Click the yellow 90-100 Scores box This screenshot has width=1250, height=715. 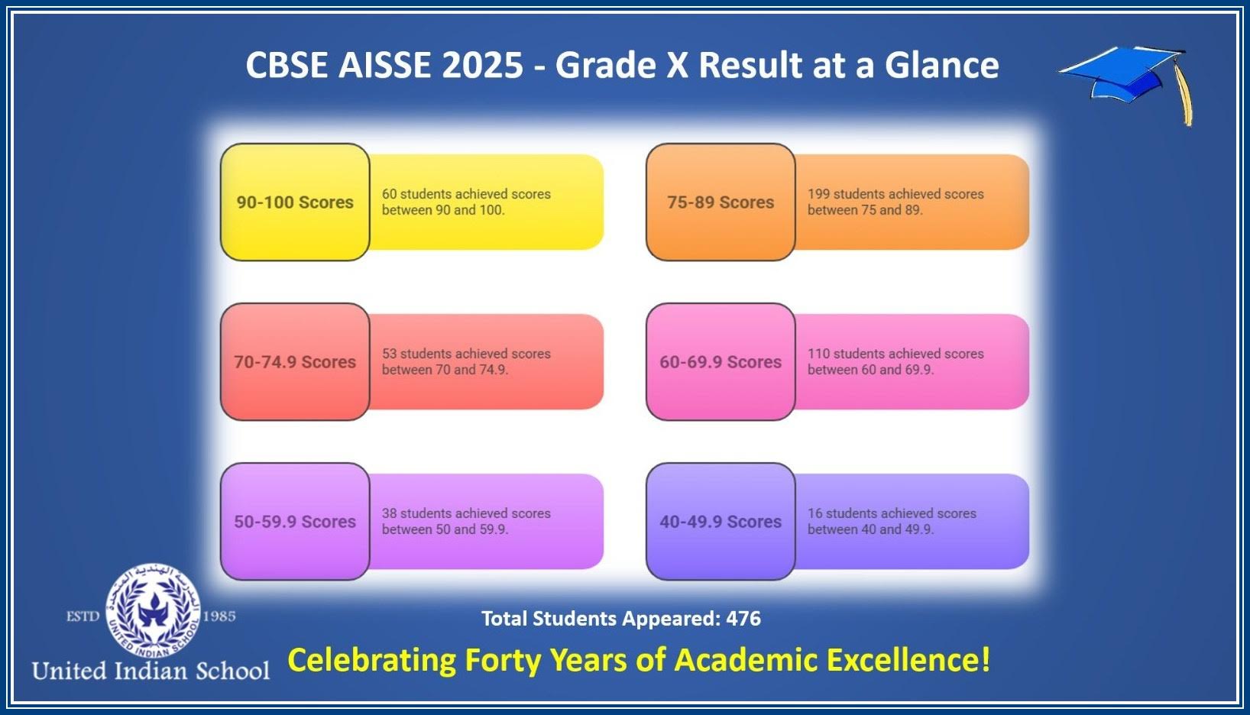tap(295, 202)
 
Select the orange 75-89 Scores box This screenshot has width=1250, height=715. tap(721, 202)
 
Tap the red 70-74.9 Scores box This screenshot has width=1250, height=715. tap(295, 361)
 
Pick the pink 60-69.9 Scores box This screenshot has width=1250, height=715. tap(721, 361)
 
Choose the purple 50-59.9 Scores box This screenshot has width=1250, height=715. tap(295, 522)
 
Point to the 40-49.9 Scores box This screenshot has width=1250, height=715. tap(721, 522)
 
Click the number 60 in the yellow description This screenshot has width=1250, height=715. tap(389, 194)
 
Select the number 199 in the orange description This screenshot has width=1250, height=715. tap(818, 194)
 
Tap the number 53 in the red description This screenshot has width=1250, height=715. tap(389, 354)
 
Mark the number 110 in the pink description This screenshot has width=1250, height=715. tap(818, 354)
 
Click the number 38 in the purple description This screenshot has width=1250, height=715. tap(389, 513)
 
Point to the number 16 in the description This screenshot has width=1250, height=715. tap(814, 513)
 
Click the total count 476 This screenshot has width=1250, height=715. tap(743, 619)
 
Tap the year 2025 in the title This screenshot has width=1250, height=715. tap(483, 65)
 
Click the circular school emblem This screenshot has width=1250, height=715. tap(152, 610)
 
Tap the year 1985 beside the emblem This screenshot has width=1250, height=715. tap(219, 616)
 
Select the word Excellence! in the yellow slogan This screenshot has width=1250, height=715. tap(908, 659)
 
